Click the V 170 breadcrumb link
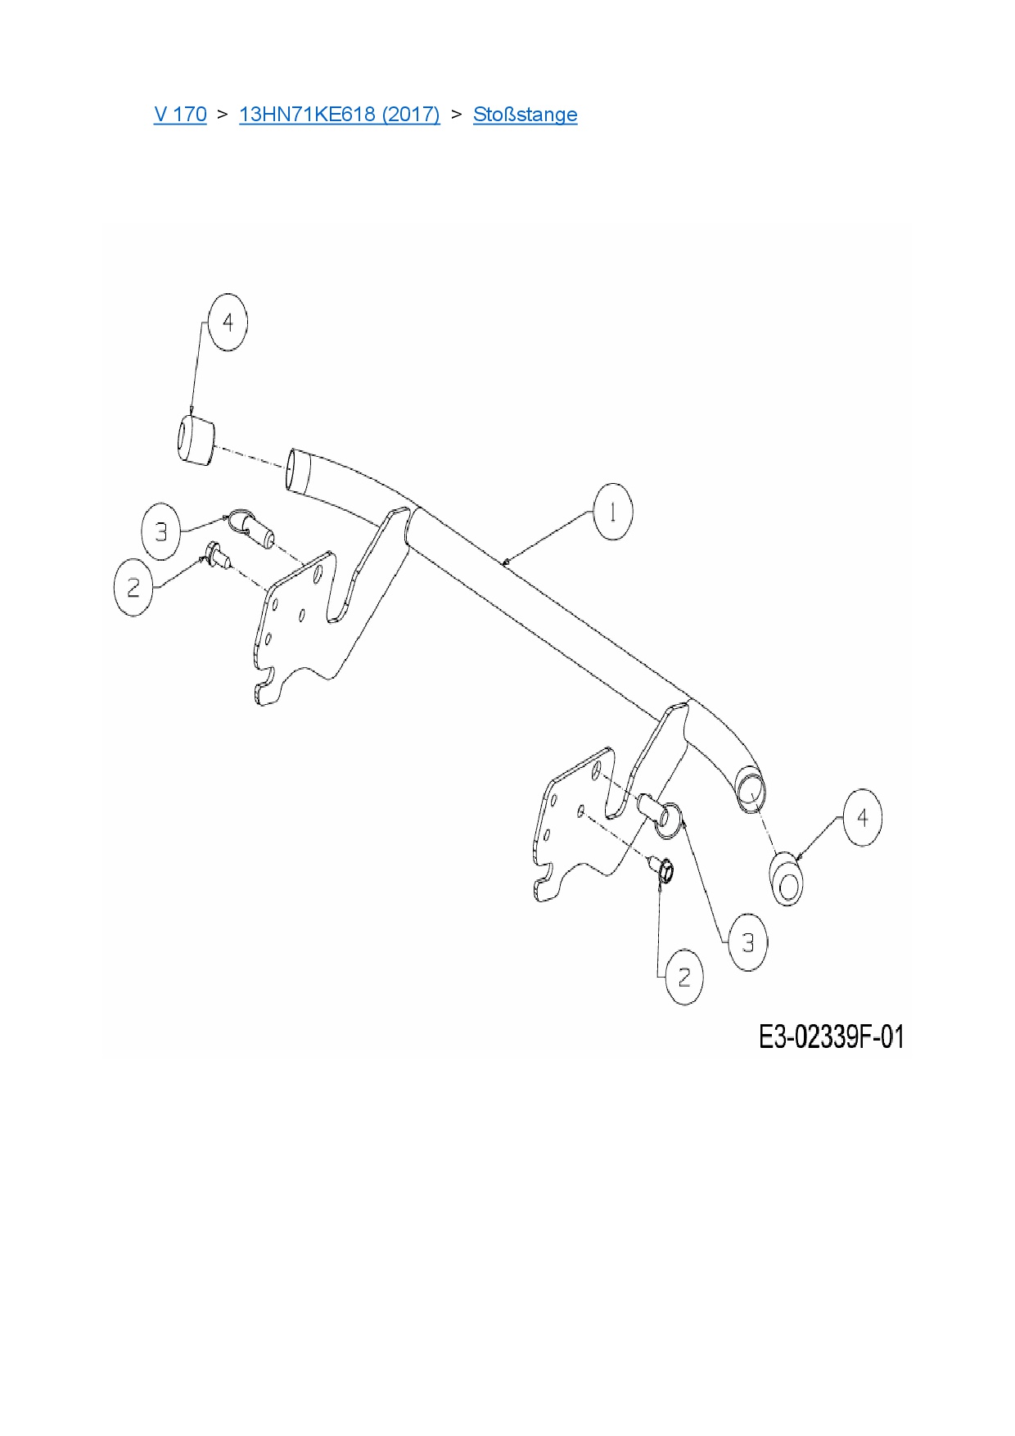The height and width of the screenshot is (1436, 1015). (180, 114)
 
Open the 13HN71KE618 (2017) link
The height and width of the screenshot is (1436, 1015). (339, 114)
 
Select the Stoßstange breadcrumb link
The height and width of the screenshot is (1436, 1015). (525, 114)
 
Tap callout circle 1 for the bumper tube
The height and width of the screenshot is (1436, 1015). (613, 512)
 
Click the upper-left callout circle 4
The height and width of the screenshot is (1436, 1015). (228, 323)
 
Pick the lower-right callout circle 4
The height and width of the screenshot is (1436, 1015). (862, 817)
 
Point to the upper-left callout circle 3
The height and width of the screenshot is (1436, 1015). (161, 532)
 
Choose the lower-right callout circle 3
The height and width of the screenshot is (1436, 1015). (747, 943)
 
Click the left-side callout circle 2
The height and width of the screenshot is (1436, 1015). (133, 587)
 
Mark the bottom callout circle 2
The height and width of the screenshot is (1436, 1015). (684, 977)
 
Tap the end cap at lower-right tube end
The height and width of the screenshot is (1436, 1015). (787, 879)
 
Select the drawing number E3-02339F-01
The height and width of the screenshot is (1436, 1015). (832, 1037)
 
